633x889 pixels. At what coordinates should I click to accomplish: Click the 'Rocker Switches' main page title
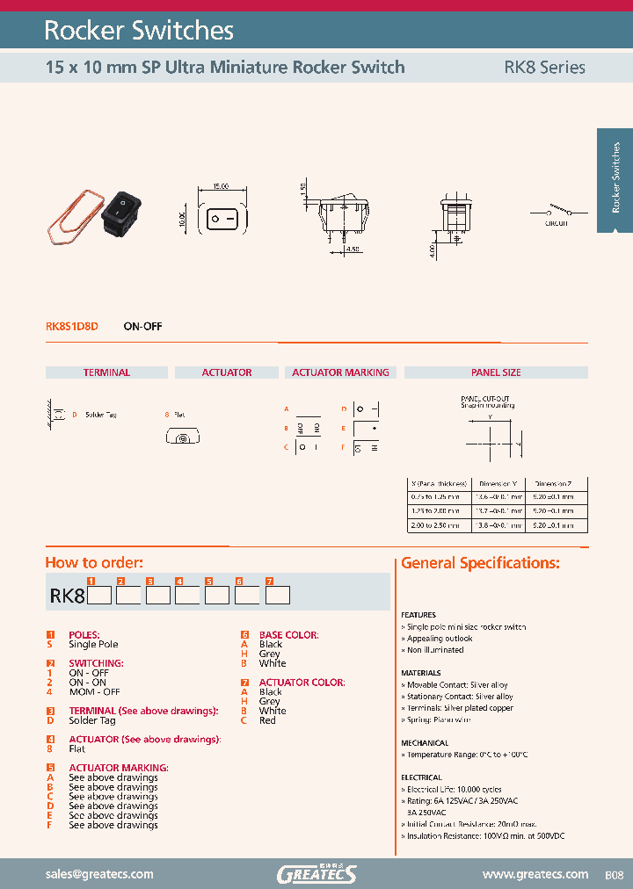pos(139,31)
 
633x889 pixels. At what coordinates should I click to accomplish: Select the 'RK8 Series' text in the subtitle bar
pos(544,67)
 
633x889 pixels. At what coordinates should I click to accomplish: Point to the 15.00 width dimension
pos(220,187)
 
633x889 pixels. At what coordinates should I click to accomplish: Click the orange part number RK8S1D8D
pos(72,326)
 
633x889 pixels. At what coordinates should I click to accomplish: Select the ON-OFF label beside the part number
pos(142,326)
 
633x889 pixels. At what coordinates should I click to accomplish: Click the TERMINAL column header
pos(106,372)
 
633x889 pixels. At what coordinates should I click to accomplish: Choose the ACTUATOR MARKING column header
pos(340,372)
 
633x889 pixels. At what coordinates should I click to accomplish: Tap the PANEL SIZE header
pos(496,372)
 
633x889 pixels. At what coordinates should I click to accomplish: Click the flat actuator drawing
pos(183,437)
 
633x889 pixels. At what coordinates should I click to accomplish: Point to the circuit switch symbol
pos(555,211)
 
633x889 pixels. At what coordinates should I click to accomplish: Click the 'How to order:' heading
pos(94,563)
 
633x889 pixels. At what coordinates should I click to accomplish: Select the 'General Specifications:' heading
pos(480,563)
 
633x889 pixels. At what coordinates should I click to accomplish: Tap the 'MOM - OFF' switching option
pos(94,691)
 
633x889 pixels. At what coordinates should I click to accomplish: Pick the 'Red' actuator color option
pos(267,720)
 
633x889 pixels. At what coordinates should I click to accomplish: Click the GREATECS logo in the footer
pos(316,874)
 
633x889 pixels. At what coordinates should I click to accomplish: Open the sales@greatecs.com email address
pos(99,874)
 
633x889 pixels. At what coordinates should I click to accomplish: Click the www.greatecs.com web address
pos(535,874)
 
